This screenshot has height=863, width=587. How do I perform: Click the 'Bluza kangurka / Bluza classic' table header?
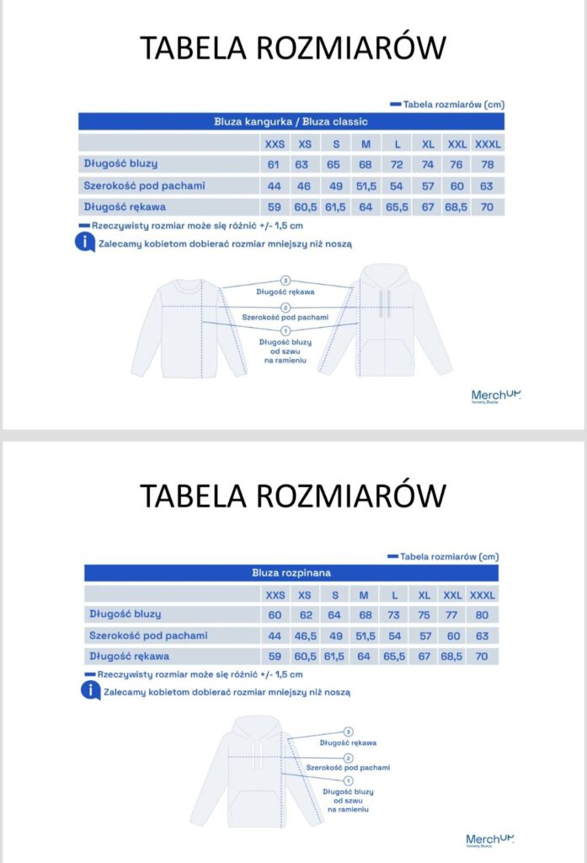291,121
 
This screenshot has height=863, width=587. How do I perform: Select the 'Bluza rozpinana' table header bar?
291,573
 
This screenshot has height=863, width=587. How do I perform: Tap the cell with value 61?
274,164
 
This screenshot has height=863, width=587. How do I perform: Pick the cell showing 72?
397,164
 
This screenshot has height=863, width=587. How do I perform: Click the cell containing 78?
487,164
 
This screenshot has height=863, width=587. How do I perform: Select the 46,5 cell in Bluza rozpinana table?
305,635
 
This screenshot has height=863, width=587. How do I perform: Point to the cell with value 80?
482,615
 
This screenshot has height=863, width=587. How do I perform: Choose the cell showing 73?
393,615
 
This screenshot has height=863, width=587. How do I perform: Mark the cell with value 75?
424,615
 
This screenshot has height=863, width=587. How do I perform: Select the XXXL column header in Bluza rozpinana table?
483,595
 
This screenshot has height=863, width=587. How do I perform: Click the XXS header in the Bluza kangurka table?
275,144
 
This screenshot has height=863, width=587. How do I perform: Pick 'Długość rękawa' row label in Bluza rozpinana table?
129,656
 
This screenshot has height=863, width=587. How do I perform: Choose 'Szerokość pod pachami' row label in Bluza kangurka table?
143,185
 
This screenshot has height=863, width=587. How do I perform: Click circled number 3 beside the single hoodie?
348,732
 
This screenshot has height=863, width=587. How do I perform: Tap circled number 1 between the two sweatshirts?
285,331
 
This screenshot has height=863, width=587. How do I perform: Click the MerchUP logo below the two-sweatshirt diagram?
496,395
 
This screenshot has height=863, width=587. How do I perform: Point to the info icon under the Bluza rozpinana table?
90,690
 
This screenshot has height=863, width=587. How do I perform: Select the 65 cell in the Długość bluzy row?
334,164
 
